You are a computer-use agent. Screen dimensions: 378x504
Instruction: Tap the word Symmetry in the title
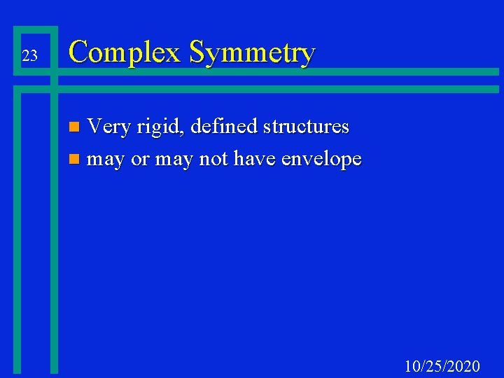click(252, 53)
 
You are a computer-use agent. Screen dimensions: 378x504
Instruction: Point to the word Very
click(108, 127)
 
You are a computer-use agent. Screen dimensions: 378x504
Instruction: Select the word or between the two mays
click(141, 160)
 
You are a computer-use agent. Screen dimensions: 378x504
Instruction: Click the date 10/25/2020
click(442, 365)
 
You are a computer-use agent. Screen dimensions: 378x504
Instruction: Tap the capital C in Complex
click(80, 52)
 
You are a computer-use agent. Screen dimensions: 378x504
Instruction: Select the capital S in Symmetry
click(198, 52)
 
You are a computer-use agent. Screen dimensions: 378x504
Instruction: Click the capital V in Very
click(94, 127)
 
